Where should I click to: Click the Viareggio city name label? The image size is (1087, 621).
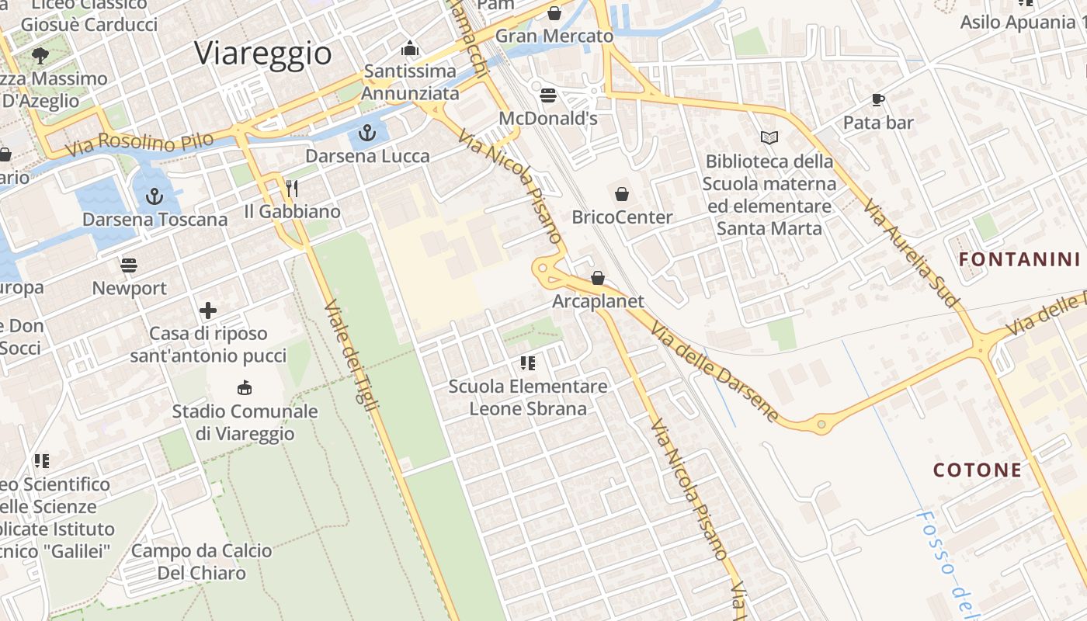tap(263, 53)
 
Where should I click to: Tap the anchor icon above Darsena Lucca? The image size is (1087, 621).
tap(367, 132)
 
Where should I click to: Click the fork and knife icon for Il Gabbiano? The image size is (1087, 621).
tap(292, 188)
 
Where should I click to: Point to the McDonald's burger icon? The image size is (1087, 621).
tap(548, 95)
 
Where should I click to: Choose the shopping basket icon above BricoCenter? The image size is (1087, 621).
tap(621, 193)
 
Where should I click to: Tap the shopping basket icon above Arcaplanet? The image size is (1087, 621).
tap(598, 277)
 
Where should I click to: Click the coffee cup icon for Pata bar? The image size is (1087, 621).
tap(877, 99)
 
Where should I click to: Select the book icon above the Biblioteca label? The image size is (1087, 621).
tap(769, 137)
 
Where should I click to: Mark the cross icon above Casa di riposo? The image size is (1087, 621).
tap(208, 310)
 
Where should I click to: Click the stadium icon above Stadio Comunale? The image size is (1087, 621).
tap(245, 387)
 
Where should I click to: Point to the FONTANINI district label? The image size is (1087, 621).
tap(1019, 259)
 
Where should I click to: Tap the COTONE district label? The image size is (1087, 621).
tap(978, 470)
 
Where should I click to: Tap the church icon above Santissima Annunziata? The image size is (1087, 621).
tap(410, 49)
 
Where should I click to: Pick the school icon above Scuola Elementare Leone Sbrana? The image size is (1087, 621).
tap(528, 363)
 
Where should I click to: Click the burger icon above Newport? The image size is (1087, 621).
tap(129, 265)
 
